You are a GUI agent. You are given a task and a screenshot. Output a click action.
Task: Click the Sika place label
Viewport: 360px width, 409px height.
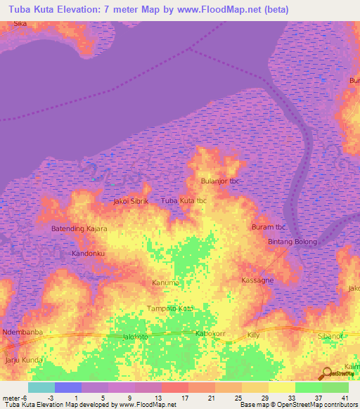[21, 23]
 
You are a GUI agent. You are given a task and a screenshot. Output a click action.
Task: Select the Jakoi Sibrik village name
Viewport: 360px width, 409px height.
[131, 201]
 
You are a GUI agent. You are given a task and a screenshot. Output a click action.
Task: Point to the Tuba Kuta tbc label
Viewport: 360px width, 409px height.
[184, 201]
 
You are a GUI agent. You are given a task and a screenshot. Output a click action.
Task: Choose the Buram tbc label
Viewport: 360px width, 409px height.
[268, 227]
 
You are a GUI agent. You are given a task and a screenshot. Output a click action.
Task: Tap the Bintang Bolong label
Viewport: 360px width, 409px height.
[292, 242]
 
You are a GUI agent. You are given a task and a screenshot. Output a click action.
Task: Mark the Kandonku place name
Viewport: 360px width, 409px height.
[89, 252]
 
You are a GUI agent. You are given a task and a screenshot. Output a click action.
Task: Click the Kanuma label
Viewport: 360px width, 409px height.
[166, 283]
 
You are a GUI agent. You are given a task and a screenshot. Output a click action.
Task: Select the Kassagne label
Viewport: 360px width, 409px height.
[257, 280]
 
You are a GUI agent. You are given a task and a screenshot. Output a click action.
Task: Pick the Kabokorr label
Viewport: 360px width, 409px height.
[213, 334]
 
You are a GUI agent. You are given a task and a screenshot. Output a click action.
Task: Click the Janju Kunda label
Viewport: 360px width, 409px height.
[24, 360]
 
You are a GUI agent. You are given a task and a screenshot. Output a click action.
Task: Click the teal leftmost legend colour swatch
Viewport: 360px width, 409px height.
[41, 387]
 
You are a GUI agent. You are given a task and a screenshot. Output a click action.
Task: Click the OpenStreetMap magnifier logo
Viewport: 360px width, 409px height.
[326, 374]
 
